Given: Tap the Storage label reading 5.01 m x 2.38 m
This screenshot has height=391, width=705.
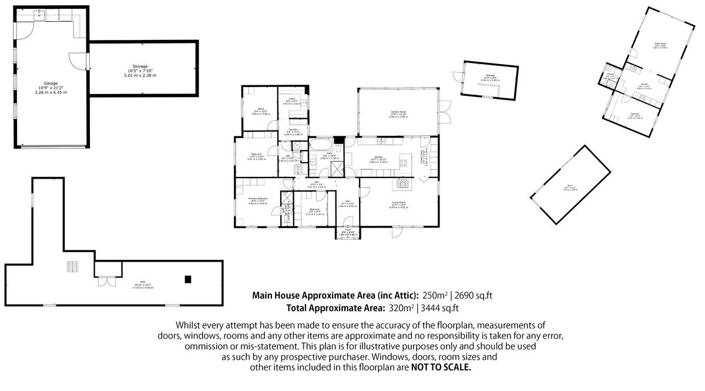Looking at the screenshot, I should tap(139, 71).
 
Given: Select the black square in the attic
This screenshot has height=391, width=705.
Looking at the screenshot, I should tap(187, 279).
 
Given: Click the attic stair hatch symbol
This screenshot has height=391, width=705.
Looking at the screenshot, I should tap(72, 267).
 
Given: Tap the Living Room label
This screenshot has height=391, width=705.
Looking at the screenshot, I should tap(399, 204).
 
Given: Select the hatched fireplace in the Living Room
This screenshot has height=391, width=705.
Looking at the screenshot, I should tap(403, 183).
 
